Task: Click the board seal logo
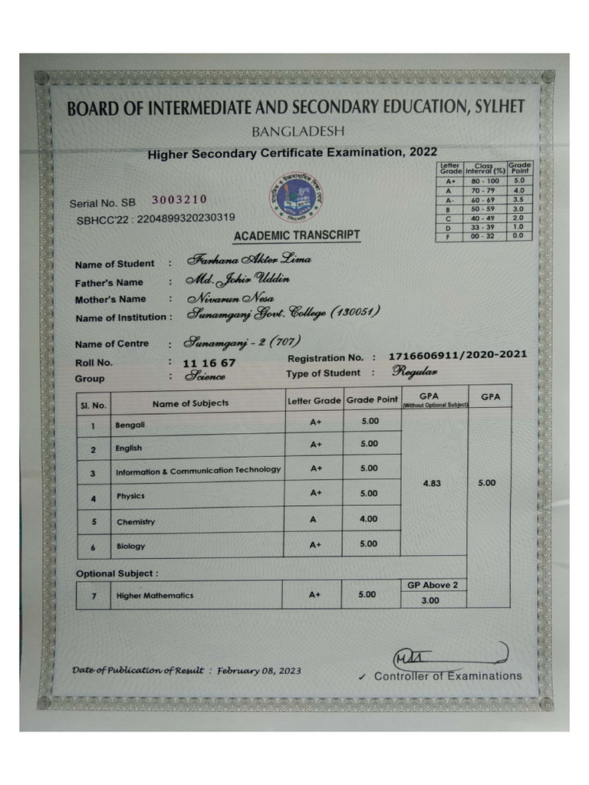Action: [295, 198]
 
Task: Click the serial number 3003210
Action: [179, 200]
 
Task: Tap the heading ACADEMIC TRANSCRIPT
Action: [296, 235]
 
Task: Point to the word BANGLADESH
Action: [298, 131]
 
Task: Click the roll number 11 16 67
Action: [209, 363]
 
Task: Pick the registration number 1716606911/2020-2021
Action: [458, 355]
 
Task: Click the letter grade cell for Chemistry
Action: [313, 519]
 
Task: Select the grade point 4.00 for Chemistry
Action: [369, 519]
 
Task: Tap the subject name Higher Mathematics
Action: [155, 596]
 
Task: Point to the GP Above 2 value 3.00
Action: [430, 600]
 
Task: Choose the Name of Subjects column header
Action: [190, 402]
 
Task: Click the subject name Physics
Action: [130, 496]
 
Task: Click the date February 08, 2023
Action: [258, 670]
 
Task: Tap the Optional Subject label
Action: [117, 573]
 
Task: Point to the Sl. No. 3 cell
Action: [93, 474]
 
